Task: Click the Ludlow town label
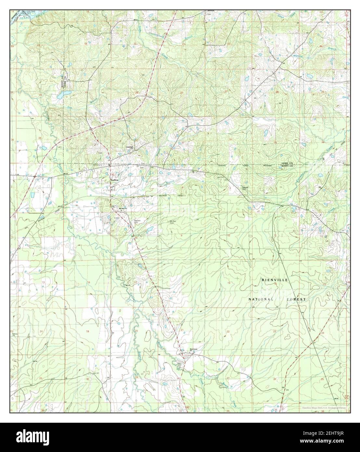pyautogui.click(x=113, y=179)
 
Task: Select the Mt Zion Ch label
pyautogui.click(x=119, y=208)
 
